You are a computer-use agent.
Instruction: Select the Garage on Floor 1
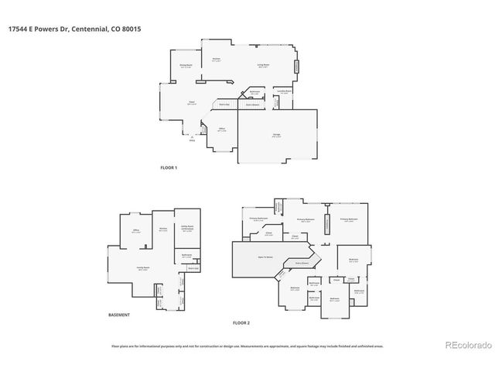click(276, 136)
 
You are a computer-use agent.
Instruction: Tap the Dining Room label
click(186, 66)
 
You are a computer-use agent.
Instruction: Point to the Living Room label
click(263, 66)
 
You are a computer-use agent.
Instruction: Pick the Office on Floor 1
click(221, 129)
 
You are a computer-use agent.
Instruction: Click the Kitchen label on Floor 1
click(218, 60)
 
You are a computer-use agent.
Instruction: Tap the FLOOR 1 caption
click(169, 168)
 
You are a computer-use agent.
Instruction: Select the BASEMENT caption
click(119, 315)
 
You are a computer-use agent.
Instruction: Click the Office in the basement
click(136, 231)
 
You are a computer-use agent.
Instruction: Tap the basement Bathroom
click(186, 256)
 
